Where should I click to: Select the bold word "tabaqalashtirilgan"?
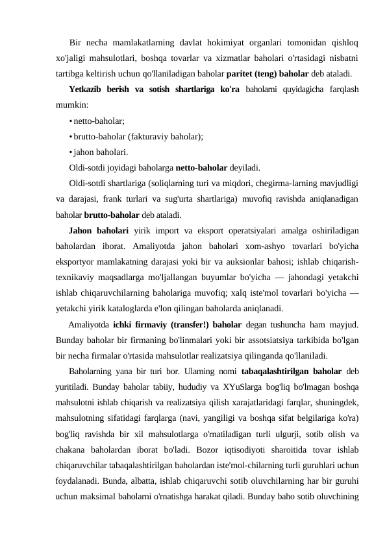tap(260, 372)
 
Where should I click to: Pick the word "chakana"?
tap(71, 450)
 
